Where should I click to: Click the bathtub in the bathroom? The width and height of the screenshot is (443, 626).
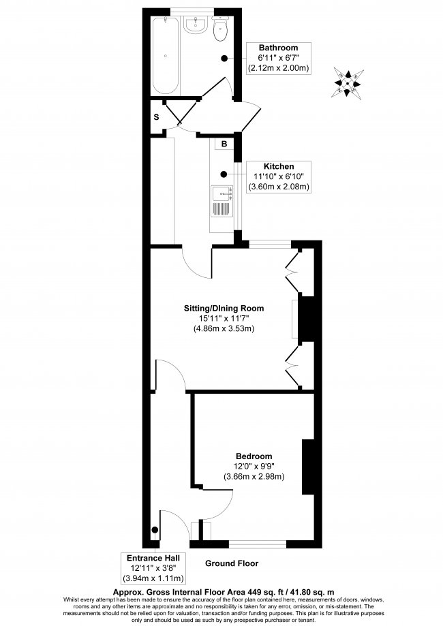(166, 55)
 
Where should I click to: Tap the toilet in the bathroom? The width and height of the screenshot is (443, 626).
(219, 29)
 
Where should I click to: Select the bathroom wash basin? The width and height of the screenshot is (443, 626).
(196, 24)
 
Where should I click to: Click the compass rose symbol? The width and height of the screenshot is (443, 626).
(348, 82)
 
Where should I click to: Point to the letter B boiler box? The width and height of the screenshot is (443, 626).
(224, 144)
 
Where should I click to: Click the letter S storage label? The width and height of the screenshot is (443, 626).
(157, 117)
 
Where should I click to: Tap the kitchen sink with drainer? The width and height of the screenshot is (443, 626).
(222, 202)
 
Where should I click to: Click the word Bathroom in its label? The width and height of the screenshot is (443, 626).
(279, 48)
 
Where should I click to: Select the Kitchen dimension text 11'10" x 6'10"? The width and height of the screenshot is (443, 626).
(279, 176)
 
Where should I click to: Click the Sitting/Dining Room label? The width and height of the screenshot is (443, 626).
(224, 308)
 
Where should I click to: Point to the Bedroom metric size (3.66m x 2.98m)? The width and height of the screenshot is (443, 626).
(254, 476)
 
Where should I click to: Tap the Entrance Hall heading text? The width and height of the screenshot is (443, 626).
(153, 558)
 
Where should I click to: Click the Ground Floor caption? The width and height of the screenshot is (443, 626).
(232, 563)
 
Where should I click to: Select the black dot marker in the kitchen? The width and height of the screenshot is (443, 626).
(224, 174)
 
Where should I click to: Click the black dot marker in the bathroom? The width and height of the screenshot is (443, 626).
(224, 59)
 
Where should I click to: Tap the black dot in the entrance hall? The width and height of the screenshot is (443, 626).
(155, 530)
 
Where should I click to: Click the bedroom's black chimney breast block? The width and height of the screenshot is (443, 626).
(308, 467)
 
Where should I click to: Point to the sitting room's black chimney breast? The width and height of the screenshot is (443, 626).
(307, 319)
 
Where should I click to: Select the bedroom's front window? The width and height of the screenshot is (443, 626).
(258, 544)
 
